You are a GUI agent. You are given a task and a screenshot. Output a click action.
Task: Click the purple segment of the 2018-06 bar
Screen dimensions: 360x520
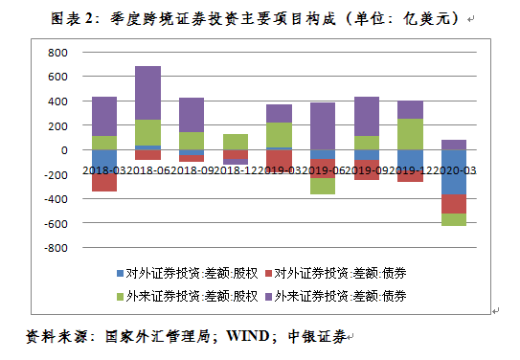(147, 93)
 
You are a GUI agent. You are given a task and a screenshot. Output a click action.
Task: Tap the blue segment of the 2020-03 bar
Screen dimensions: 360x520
(453, 172)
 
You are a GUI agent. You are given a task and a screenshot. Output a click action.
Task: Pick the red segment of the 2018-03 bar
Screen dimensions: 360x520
(103, 183)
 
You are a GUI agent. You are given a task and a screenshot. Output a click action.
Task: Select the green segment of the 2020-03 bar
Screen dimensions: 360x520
(453, 219)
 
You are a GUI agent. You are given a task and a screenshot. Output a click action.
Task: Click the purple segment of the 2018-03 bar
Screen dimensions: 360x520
(103, 116)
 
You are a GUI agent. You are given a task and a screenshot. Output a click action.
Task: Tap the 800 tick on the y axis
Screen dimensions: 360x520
(57, 52)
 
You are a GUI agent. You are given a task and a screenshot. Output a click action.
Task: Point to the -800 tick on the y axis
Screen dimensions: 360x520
(55, 248)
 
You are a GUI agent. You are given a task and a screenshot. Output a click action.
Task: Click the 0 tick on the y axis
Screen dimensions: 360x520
(64, 150)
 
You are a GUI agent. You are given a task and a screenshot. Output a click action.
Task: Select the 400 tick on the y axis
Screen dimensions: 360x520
(57, 101)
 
